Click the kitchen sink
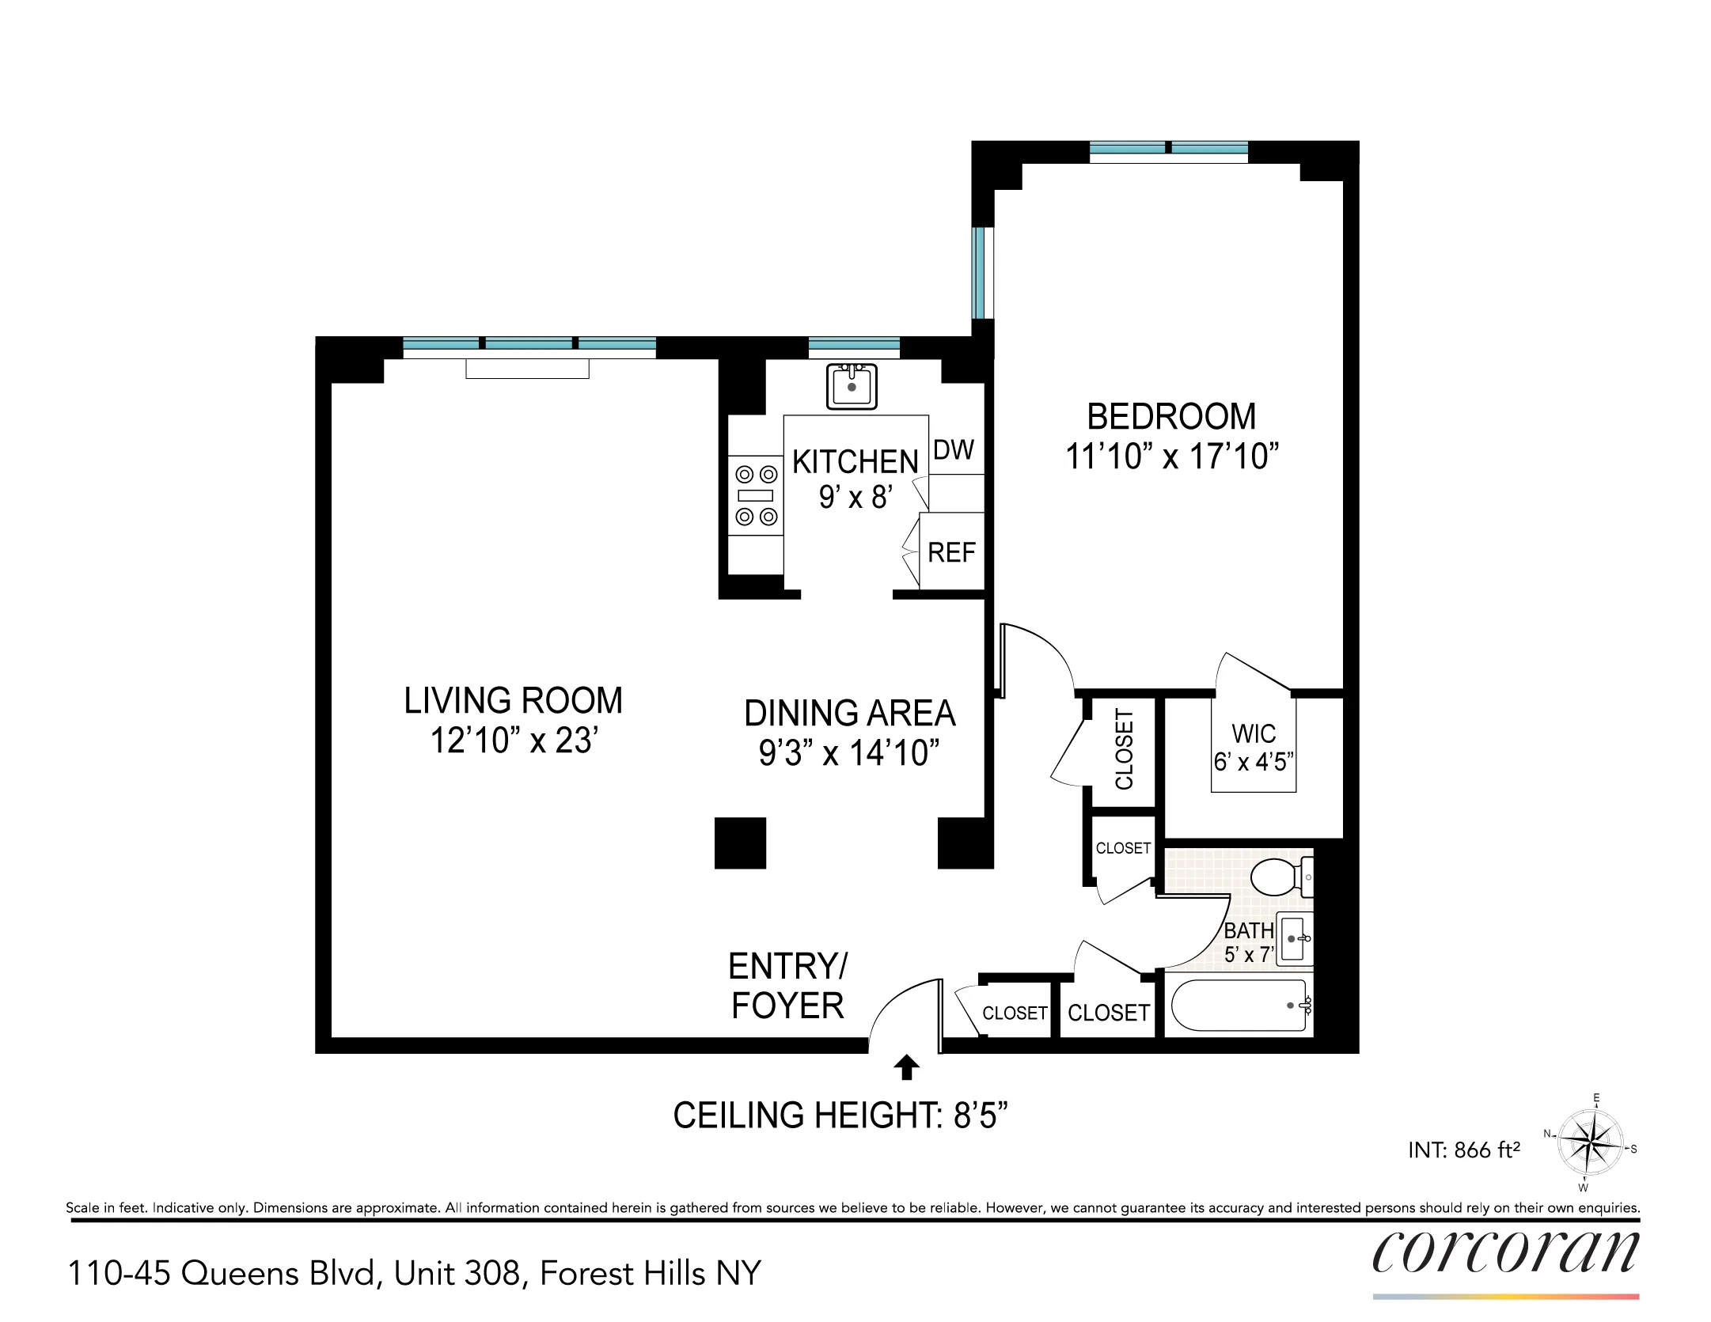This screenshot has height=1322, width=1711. click(x=852, y=386)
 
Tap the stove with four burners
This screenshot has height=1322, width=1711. click(x=756, y=495)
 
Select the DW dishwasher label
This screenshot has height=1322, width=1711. click(x=954, y=450)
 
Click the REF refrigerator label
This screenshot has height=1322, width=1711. click(x=951, y=552)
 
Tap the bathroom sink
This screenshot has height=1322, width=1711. click(x=1295, y=938)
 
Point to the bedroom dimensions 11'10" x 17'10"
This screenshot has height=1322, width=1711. click(x=1172, y=457)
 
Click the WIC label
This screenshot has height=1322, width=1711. click(x=1254, y=733)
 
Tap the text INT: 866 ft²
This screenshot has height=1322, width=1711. click(x=1464, y=1150)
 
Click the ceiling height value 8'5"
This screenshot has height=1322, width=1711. click(x=980, y=1116)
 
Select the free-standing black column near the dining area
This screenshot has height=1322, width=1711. click(x=740, y=843)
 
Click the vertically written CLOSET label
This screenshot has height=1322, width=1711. click(x=1124, y=749)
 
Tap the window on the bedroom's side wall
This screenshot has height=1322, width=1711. click(x=981, y=272)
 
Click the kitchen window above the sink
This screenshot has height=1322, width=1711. click(x=854, y=344)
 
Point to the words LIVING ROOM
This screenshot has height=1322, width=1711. click(x=513, y=701)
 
